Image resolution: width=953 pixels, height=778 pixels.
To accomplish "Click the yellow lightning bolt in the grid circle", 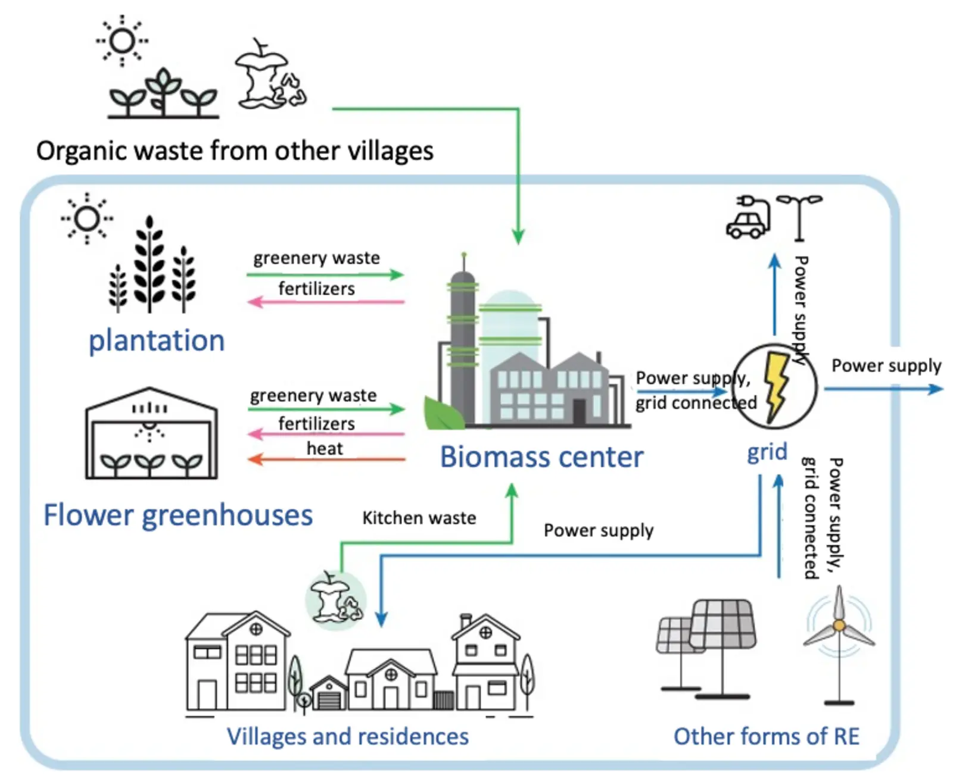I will tap(776, 386).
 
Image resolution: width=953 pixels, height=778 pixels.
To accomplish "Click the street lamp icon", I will tap(799, 218).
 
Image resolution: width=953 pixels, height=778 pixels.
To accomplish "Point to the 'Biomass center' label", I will tap(541, 457).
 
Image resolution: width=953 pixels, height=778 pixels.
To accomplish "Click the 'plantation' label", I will tap(157, 341).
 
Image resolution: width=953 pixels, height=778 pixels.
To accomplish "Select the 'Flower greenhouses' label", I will tap(178, 515).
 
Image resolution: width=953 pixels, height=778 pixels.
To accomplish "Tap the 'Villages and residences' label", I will tap(347, 736).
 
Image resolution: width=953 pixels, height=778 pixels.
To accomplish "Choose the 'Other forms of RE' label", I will tap(767, 736).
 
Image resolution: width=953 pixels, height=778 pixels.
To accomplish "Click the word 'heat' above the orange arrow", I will tap(325, 448).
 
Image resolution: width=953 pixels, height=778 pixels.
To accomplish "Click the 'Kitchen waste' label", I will tap(419, 518).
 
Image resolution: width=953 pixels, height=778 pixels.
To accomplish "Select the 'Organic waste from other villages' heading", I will tap(235, 151).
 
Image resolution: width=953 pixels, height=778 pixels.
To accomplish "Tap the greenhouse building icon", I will tap(151, 433).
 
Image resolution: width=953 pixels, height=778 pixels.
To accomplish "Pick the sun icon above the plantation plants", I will tap(87, 218).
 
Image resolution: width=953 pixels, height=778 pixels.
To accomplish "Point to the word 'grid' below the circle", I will tap(767, 452).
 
